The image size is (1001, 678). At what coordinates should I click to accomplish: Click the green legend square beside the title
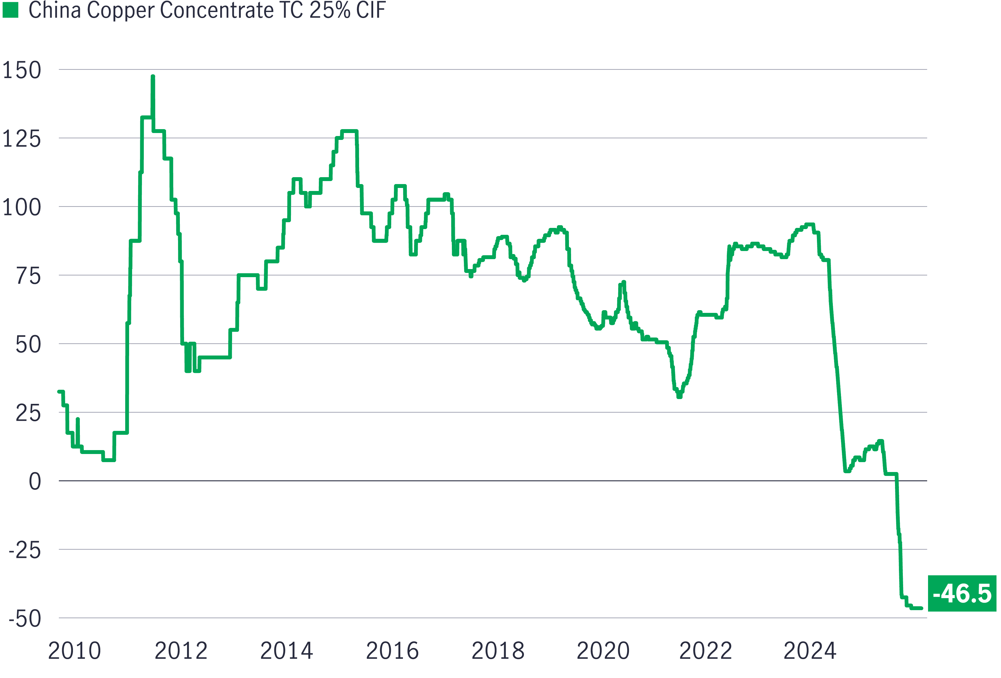[x=10, y=10]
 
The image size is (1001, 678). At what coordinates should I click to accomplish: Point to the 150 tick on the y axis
[x=22, y=70]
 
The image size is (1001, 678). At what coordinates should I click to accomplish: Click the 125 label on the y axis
[x=22, y=139]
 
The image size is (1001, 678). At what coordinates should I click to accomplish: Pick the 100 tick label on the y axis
[x=22, y=207]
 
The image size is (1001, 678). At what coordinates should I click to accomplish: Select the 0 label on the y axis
[x=35, y=482]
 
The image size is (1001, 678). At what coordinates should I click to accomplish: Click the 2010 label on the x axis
[x=74, y=651]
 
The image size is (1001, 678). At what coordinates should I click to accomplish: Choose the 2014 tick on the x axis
[x=286, y=651]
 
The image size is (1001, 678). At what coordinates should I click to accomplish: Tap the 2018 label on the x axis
[x=498, y=651]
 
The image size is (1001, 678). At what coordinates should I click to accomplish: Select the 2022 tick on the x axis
[x=706, y=651]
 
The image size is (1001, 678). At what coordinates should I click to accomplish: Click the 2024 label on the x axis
[x=810, y=651]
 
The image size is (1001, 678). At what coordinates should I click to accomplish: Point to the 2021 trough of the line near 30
[x=679, y=396]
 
